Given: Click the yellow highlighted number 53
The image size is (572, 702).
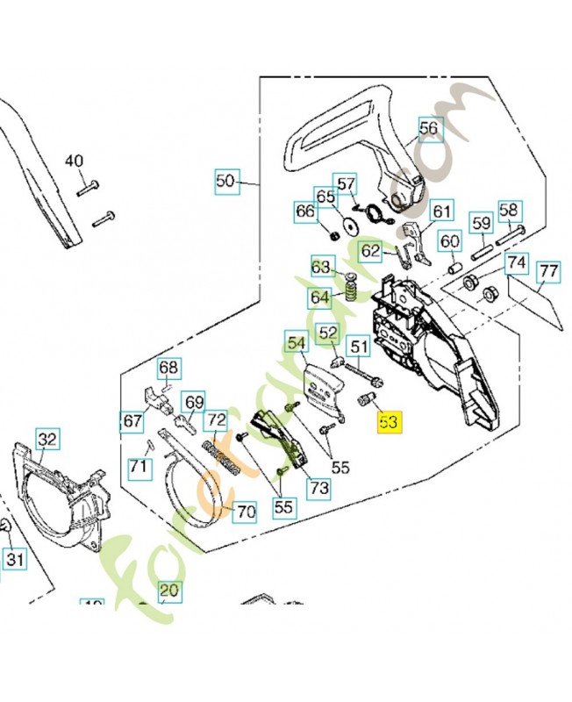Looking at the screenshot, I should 388,422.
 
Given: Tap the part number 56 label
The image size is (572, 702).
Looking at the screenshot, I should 428,129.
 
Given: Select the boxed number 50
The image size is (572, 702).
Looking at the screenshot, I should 225,182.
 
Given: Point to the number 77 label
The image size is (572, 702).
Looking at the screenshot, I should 548,272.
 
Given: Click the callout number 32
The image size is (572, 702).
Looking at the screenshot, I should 47,438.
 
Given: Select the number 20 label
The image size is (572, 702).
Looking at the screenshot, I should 168,591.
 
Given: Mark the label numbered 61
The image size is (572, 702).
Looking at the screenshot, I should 441,211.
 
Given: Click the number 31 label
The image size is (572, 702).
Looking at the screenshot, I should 15,558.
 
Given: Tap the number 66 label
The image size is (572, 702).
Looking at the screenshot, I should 304,211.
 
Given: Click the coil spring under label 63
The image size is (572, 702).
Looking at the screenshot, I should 349,287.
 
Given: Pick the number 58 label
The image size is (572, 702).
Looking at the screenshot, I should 510,210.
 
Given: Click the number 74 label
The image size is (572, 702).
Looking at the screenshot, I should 516,262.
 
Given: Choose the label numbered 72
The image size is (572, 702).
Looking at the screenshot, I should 216,421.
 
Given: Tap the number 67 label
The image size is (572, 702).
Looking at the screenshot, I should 132,421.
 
